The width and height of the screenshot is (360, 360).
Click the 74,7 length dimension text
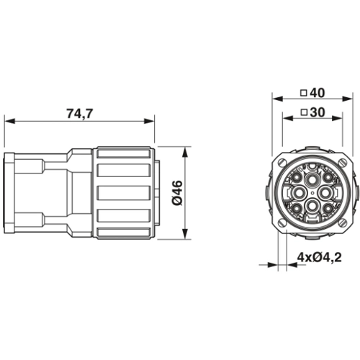(x=79, y=114)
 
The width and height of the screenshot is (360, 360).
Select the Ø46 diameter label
(x=178, y=193)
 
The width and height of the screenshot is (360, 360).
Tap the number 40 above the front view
(x=317, y=93)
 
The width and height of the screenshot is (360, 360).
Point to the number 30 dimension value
(x=318, y=112)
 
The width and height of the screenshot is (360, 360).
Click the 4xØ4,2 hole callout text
(x=320, y=258)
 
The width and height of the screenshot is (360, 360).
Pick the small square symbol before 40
(x=304, y=93)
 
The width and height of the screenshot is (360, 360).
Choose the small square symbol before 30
(x=304, y=112)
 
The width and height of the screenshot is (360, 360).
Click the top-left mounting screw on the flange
(x=283, y=163)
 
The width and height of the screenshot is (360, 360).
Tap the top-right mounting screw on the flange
(x=342, y=163)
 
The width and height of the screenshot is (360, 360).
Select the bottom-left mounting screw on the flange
(x=283, y=222)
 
